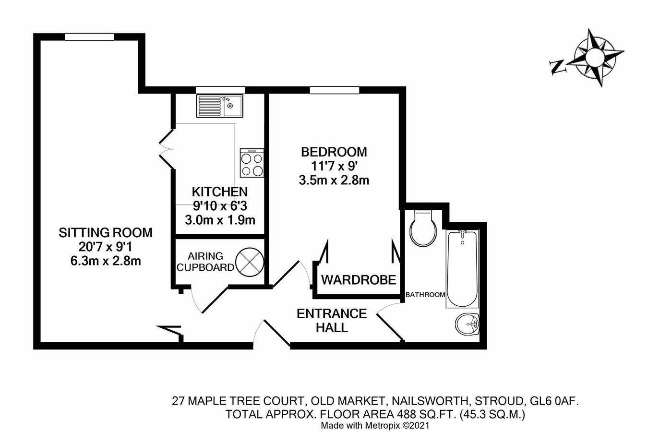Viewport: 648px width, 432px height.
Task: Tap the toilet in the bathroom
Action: tap(423, 228)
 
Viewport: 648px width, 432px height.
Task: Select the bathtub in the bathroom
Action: tap(462, 269)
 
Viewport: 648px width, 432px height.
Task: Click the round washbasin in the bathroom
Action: tap(467, 324)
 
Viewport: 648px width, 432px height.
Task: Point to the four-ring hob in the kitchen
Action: tap(252, 163)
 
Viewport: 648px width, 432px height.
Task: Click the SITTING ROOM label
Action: tap(105, 233)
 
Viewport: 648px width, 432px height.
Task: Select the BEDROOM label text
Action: tap(334, 152)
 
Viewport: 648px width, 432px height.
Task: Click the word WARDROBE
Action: tap(358, 280)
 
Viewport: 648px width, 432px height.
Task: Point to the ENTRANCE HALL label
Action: tap(332, 321)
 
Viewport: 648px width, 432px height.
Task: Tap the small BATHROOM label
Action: tap(425, 295)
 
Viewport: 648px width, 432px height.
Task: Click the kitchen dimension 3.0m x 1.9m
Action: tap(220, 220)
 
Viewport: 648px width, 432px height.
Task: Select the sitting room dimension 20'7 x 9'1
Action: tap(105, 247)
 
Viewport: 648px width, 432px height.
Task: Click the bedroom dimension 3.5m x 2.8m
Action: tap(334, 180)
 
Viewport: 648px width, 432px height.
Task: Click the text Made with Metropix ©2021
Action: tap(374, 425)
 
